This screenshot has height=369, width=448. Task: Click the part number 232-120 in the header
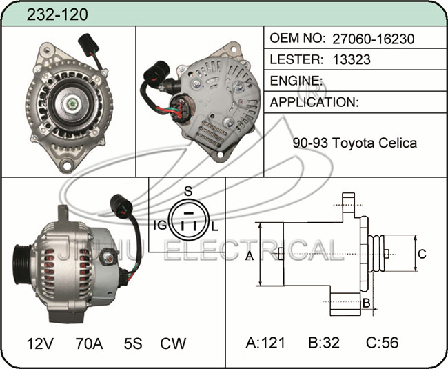pos(57,14)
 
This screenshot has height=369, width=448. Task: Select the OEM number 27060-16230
pos(373,39)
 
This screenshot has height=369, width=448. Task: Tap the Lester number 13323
pos(352,59)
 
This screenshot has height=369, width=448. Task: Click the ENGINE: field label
pos(296,81)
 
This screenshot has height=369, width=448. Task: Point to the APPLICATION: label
pos(314,102)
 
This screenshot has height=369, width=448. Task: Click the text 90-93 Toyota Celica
pos(354,143)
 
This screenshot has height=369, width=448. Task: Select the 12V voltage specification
pos(40,343)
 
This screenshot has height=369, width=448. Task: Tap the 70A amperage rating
pos(89,343)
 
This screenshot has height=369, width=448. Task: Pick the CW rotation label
pos(173,343)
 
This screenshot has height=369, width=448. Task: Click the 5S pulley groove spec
pos(133,343)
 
